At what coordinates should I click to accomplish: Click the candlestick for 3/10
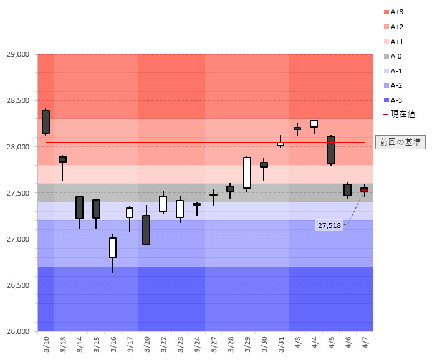click(x=46, y=122)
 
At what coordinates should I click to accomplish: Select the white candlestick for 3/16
click(x=113, y=248)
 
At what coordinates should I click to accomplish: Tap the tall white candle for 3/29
click(x=247, y=173)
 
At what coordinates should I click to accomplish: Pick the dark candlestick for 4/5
click(x=330, y=150)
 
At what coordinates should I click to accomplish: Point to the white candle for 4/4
click(x=314, y=123)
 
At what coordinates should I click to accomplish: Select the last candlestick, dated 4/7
click(x=364, y=189)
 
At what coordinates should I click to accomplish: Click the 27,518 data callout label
click(x=329, y=225)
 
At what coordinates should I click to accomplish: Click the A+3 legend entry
click(x=397, y=12)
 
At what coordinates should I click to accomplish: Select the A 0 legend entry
click(x=396, y=56)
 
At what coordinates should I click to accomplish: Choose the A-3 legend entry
click(x=396, y=100)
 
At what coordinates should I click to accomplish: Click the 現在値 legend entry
click(x=399, y=115)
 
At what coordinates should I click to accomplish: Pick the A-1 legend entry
click(x=396, y=71)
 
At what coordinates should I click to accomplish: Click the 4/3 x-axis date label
click(x=297, y=343)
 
